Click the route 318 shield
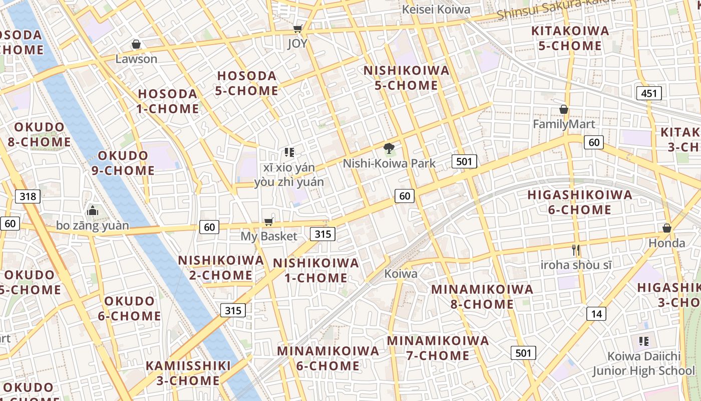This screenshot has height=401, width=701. (x=28, y=196)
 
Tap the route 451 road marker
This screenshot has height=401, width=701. (x=649, y=93)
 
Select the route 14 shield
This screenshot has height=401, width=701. (x=596, y=314)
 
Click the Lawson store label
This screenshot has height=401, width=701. (x=136, y=59)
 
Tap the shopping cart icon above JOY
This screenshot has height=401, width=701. (x=297, y=30)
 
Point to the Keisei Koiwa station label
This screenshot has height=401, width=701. (x=436, y=10)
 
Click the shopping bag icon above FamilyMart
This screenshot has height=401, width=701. (x=564, y=109)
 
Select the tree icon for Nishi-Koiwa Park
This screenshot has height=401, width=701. (x=389, y=148)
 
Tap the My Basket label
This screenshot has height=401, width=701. (x=269, y=236)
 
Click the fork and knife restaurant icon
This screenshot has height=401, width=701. (x=576, y=250)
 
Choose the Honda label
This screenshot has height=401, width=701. (x=667, y=243)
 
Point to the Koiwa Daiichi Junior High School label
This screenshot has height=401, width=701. (x=644, y=363)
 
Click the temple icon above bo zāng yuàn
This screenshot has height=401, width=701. (x=92, y=211)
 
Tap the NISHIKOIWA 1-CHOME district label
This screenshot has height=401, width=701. (x=315, y=270)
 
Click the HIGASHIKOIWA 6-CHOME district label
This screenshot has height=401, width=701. (x=579, y=202)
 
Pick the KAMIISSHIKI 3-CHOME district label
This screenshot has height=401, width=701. (x=188, y=373)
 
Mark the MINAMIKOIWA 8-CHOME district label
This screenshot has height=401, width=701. (x=482, y=296)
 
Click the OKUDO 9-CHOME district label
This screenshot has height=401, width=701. (x=126, y=163)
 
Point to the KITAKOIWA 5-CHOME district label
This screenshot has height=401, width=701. (x=570, y=38)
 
